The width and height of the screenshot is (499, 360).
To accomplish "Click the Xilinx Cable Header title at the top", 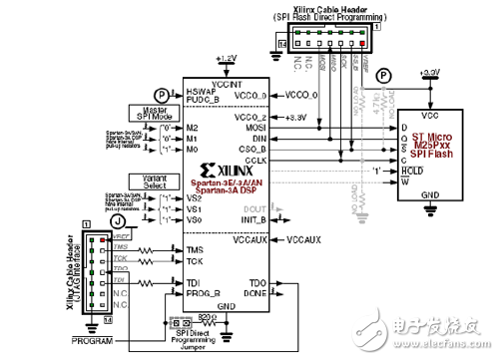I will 316,10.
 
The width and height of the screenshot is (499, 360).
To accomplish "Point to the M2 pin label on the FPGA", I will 192,128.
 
